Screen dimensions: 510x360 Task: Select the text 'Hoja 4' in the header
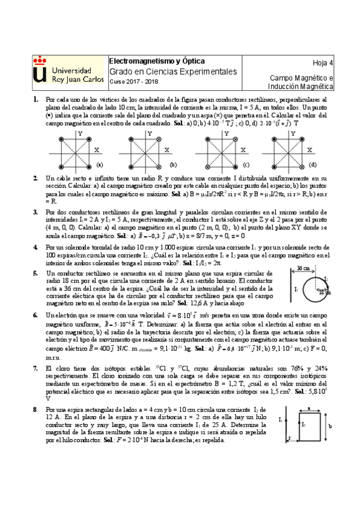point(323,63)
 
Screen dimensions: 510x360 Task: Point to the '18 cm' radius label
point(325,292)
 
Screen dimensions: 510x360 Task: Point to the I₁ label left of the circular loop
point(296,289)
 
